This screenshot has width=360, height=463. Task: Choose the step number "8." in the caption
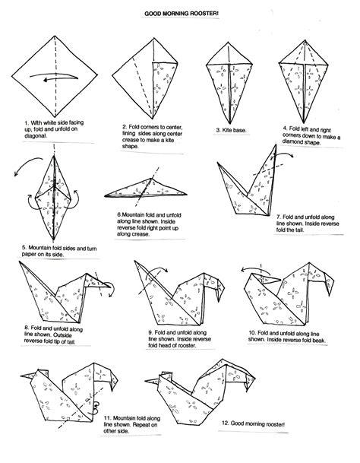point(27,326)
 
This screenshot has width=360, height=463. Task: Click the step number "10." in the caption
point(251,332)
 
